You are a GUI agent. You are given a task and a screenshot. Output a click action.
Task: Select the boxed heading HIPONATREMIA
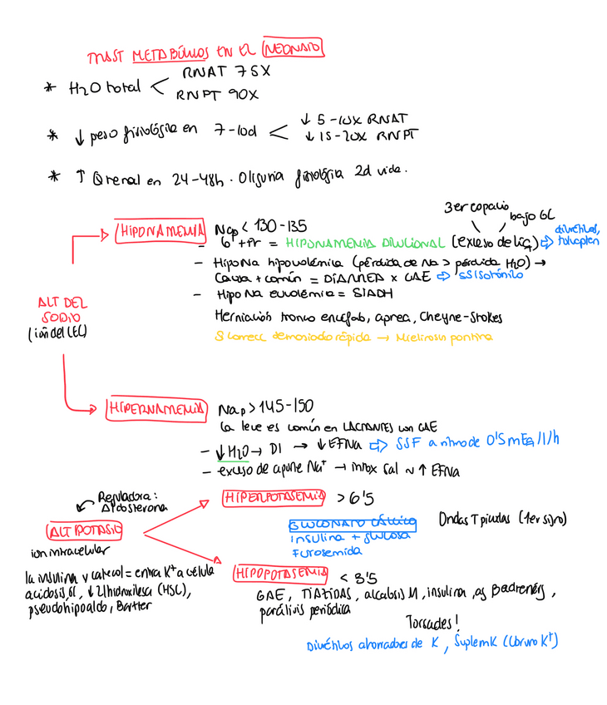tap(160, 230)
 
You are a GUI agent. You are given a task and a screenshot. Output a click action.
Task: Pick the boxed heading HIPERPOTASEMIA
tap(274, 498)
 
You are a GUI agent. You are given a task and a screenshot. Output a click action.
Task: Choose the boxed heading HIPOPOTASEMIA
tap(279, 573)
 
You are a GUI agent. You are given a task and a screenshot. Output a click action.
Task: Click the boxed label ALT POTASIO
tap(86, 530)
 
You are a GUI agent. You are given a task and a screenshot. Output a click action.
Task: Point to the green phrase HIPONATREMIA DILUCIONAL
tap(365, 244)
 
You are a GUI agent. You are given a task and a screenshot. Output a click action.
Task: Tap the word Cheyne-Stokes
tap(461, 318)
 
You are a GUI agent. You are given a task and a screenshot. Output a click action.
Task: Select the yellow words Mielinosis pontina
tap(448, 338)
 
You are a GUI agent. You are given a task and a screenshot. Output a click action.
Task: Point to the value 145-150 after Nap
tap(287, 407)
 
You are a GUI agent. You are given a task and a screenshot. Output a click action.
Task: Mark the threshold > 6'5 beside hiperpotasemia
tap(355, 499)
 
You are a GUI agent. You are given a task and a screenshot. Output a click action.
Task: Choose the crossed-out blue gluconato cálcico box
tap(353, 524)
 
